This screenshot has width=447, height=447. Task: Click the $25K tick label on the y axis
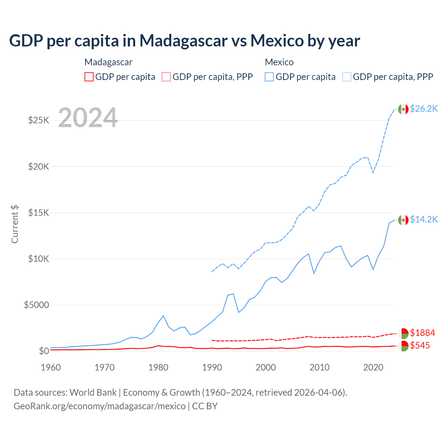pos(38,120)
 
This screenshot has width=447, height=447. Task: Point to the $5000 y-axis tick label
pos(36,305)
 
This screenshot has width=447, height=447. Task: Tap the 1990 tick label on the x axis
pos(212,367)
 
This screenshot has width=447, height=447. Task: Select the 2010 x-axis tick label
pos(320,367)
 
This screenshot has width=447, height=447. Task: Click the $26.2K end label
pos(424,109)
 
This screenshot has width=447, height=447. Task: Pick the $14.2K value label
pos(424,219)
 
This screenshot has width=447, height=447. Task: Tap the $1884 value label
pos(423,333)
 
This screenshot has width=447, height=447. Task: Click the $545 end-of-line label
pos(420,345)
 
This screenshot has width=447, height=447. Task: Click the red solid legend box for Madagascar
pos(89,77)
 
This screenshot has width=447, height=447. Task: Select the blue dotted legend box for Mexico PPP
pos(347,77)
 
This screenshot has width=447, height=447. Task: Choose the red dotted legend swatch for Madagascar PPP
pos(166,77)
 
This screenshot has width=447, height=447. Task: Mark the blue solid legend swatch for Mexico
pos(269,77)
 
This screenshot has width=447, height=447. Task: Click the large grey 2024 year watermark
pos(88,118)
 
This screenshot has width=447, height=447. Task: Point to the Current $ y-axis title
pos(15,224)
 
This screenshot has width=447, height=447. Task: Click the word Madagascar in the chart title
pos(183,41)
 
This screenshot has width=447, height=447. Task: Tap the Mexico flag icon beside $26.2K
pos(403,109)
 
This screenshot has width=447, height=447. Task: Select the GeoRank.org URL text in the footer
pos(100,406)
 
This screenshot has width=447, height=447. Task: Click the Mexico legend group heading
pos(279,62)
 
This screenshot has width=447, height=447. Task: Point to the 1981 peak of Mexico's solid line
pos(163,316)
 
